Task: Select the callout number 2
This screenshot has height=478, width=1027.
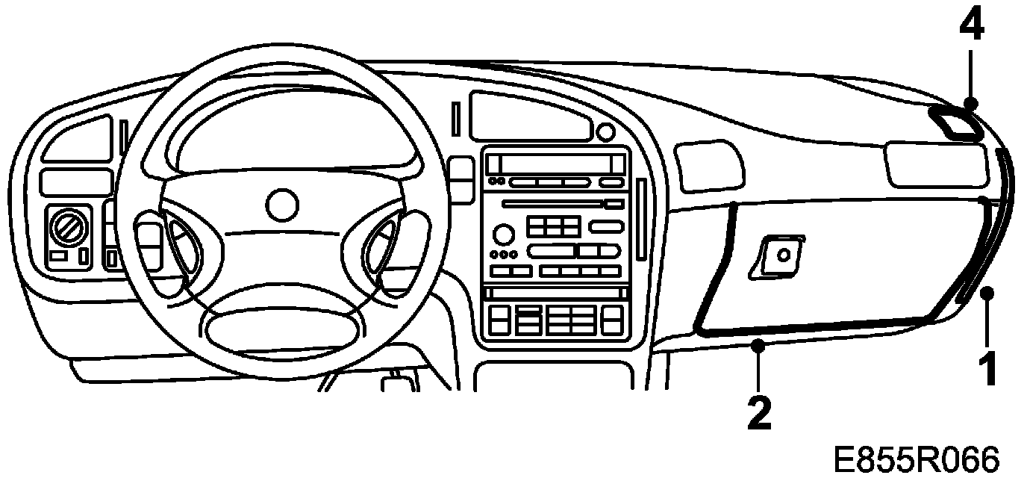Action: (x=758, y=412)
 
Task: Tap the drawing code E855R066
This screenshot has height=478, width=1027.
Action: (x=916, y=459)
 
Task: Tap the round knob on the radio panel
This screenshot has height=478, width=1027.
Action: (x=505, y=235)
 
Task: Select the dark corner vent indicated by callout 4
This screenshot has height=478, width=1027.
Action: (x=956, y=123)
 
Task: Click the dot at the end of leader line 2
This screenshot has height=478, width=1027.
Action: (x=758, y=344)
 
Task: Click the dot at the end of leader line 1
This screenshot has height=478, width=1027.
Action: (x=988, y=293)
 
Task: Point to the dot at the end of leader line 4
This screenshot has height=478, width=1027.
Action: (x=970, y=104)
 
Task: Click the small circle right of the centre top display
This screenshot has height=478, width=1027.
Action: (x=606, y=132)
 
